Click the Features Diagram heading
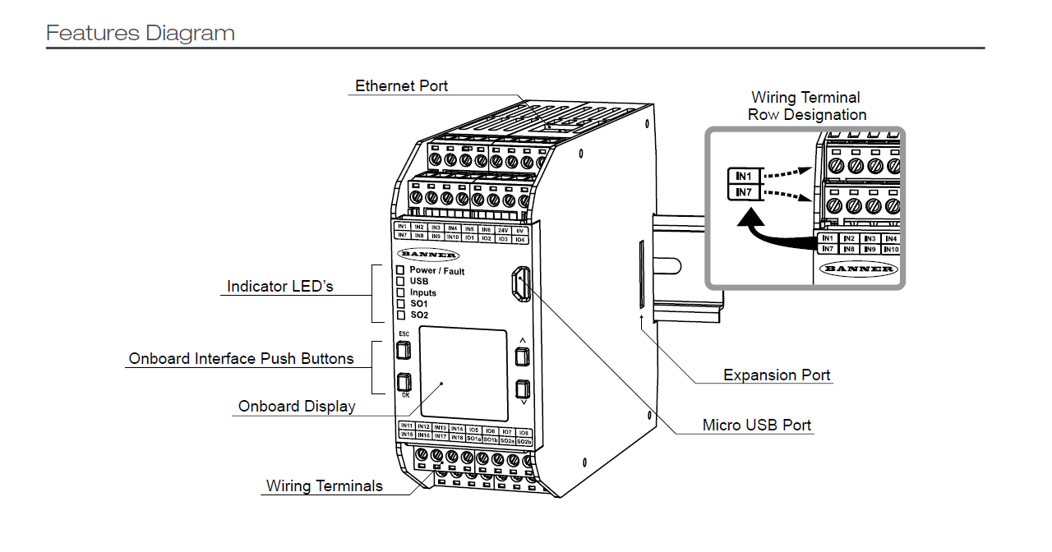[141, 34]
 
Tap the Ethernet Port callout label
[401, 86]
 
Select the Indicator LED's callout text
[279, 287]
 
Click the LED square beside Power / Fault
[401, 270]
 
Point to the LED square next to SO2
[401, 315]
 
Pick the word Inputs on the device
[423, 292]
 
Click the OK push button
[403, 382]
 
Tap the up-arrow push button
[521, 356]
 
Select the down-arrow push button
[521, 388]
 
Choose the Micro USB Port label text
[756, 425]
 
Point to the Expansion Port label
[777, 375]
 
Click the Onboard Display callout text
[297, 407]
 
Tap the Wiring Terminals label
[324, 486]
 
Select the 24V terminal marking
[503, 230]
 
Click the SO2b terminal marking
[524, 440]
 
